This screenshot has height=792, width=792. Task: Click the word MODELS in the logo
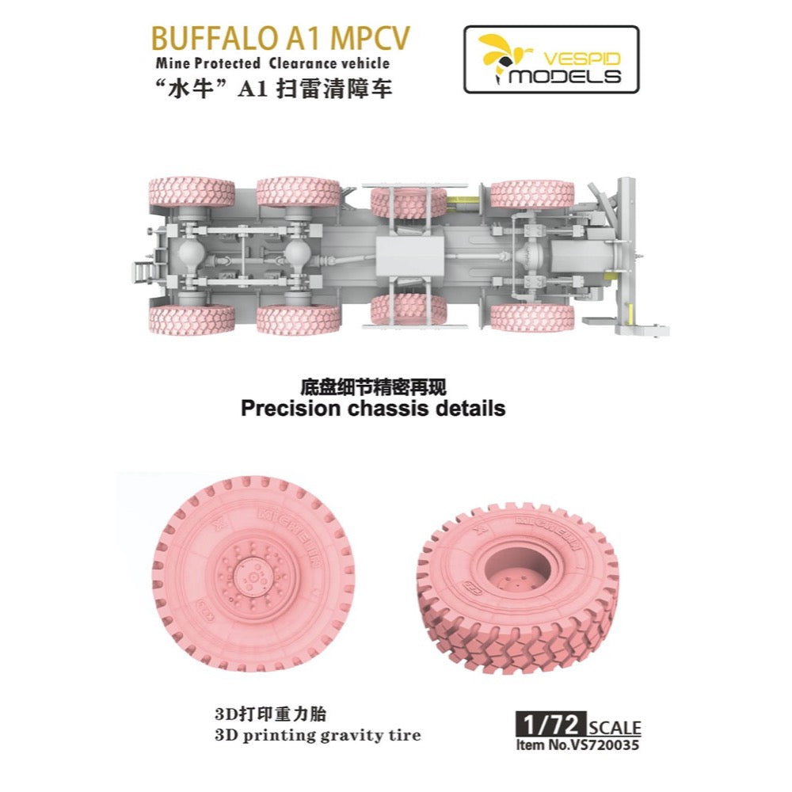pyautogui.click(x=565, y=76)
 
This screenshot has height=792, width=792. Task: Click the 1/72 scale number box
pyautogui.click(x=550, y=725)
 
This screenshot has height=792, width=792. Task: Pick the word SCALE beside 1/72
pyautogui.click(x=615, y=727)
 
